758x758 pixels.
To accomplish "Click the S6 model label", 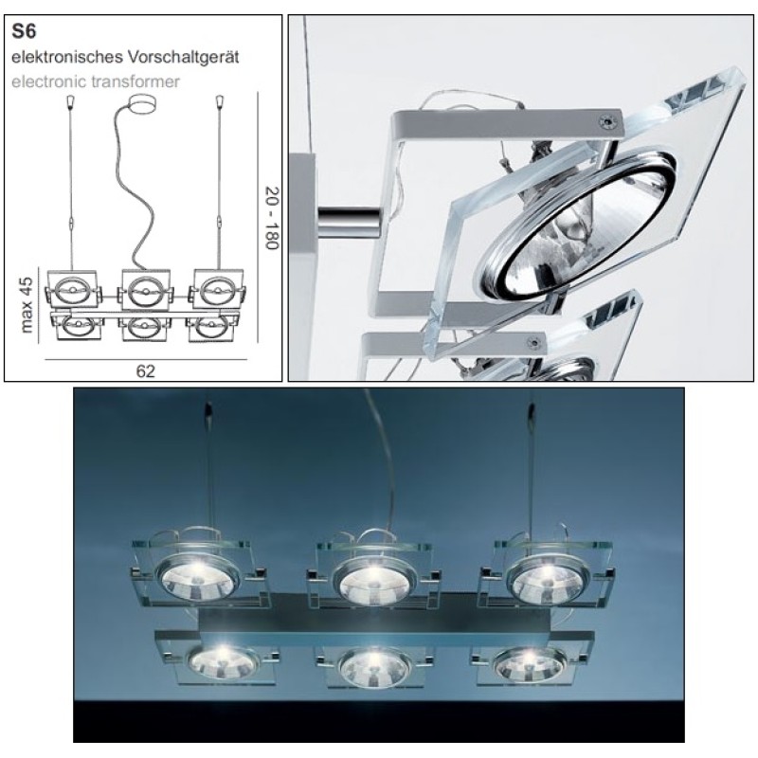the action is [24, 31].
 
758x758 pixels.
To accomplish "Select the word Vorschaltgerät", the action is [183, 57].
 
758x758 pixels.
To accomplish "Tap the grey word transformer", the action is [131, 81].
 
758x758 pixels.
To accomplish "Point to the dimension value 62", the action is [146, 370].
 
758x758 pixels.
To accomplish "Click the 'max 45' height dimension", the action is [27, 304].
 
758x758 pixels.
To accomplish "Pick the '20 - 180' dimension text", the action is [272, 218].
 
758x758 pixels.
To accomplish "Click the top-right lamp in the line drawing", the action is [217, 290].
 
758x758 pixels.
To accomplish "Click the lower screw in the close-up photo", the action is [534, 342].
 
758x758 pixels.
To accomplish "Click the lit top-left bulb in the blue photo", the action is [199, 578].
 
